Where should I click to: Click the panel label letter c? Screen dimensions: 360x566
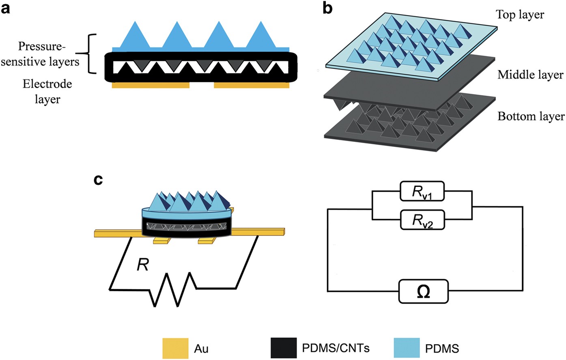point(99,180)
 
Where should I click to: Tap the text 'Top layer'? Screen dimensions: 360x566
point(520,15)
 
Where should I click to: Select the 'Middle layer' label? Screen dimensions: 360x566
point(530,75)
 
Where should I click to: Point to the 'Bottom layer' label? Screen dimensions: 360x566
point(531,116)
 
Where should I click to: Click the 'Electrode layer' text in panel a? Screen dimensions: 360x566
point(47,91)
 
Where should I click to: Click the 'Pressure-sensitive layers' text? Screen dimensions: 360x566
point(42,54)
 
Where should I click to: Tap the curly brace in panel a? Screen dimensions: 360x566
point(92,54)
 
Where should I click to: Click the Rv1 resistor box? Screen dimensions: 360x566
point(422,192)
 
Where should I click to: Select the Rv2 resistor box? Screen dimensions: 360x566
point(422,220)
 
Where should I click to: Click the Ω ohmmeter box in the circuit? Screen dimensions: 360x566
point(424,291)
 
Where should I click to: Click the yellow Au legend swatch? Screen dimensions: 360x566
point(175,348)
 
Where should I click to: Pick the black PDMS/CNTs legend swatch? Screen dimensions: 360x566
point(283,348)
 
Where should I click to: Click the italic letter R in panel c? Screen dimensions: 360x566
point(142,265)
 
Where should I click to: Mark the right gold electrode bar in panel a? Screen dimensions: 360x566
point(252,86)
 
